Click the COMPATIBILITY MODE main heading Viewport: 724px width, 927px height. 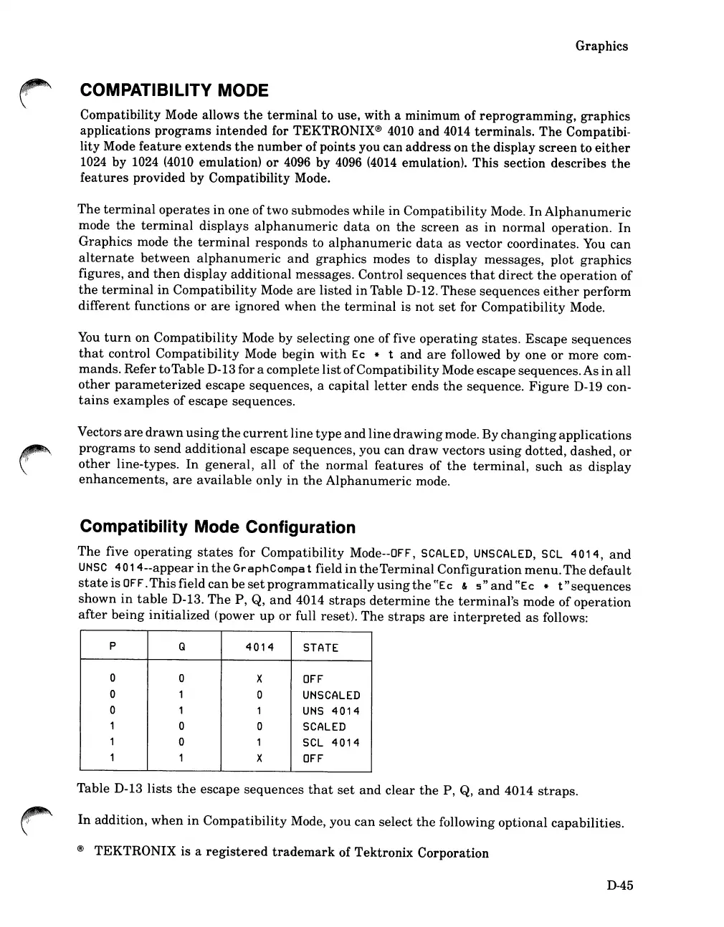point(174,91)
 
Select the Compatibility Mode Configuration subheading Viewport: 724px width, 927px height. point(218,528)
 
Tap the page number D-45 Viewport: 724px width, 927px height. point(619,885)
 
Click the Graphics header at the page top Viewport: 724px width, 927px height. point(601,47)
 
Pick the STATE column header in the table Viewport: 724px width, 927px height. point(320,648)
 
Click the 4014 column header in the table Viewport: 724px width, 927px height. point(259,648)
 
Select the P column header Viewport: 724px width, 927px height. point(113,647)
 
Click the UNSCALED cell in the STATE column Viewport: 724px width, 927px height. point(331,696)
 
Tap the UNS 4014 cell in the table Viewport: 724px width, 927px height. point(330,711)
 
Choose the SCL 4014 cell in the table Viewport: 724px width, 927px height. point(330,743)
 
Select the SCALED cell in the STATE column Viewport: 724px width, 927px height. point(324,727)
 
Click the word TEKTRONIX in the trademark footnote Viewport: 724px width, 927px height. point(138,853)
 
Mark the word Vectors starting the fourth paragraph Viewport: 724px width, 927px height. point(100,435)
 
